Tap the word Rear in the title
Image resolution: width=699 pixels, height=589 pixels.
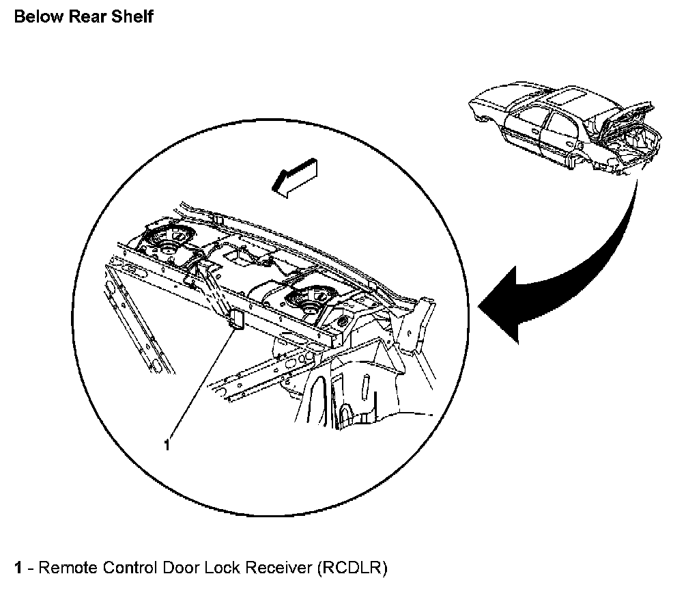coord(86,17)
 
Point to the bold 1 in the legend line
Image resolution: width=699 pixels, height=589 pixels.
coord(18,568)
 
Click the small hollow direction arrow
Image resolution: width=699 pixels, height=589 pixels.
coord(294,177)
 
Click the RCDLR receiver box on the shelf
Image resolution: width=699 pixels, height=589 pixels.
coord(236,319)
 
